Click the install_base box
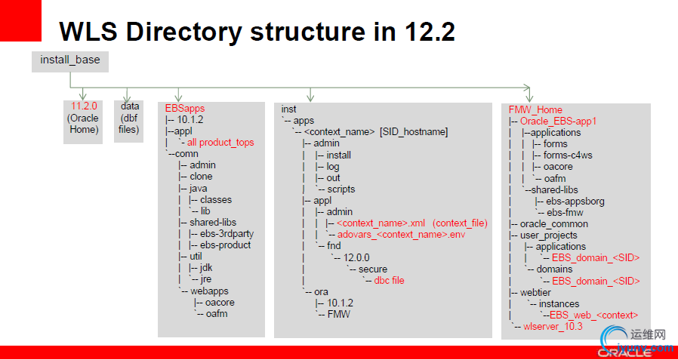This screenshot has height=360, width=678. pos(70,61)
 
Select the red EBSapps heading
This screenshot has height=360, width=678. pos(185,108)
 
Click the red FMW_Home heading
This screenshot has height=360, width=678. pos(535,109)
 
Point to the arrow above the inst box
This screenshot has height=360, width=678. pos(310,94)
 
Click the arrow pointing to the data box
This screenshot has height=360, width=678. pos(126,94)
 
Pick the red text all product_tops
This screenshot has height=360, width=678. pos(220,142)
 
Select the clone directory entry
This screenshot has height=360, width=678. pos(201,177)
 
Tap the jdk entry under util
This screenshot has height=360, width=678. pos(206,267)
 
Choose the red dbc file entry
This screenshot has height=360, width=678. pos(389,280)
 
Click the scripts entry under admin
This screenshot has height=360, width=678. pos(341,189)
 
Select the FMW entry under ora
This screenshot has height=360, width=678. pos(338,314)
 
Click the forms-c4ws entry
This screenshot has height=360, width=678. pos(561,155)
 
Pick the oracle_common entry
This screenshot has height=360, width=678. pos(554,224)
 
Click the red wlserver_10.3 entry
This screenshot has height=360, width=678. pos(553,326)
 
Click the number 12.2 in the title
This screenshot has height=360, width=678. pos(430,31)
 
